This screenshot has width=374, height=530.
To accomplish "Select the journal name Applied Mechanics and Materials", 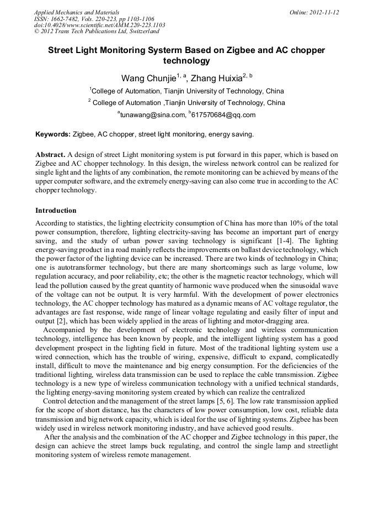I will coord(76,12).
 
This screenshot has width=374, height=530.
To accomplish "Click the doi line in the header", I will coord(99,25).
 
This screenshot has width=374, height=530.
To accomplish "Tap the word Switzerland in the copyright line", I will coord(143,32).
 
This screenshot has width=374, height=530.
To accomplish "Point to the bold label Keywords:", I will coord(53,134).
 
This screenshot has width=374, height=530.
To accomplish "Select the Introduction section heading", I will coord(56,211).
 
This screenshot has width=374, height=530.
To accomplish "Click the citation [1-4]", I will coord(278,241).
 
